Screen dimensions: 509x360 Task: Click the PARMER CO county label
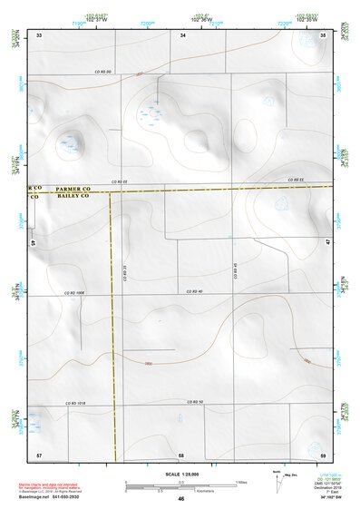[x=74, y=186]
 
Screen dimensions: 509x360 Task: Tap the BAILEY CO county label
[x=74, y=195]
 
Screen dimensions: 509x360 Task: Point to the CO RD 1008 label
[x=74, y=293]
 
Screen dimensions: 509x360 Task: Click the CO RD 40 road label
[x=193, y=290]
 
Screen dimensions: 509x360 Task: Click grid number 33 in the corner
[x=39, y=34]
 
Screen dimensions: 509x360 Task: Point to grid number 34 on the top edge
[x=183, y=34]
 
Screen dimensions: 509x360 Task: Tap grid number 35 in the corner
[x=324, y=34]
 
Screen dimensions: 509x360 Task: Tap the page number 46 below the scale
[x=181, y=499]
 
